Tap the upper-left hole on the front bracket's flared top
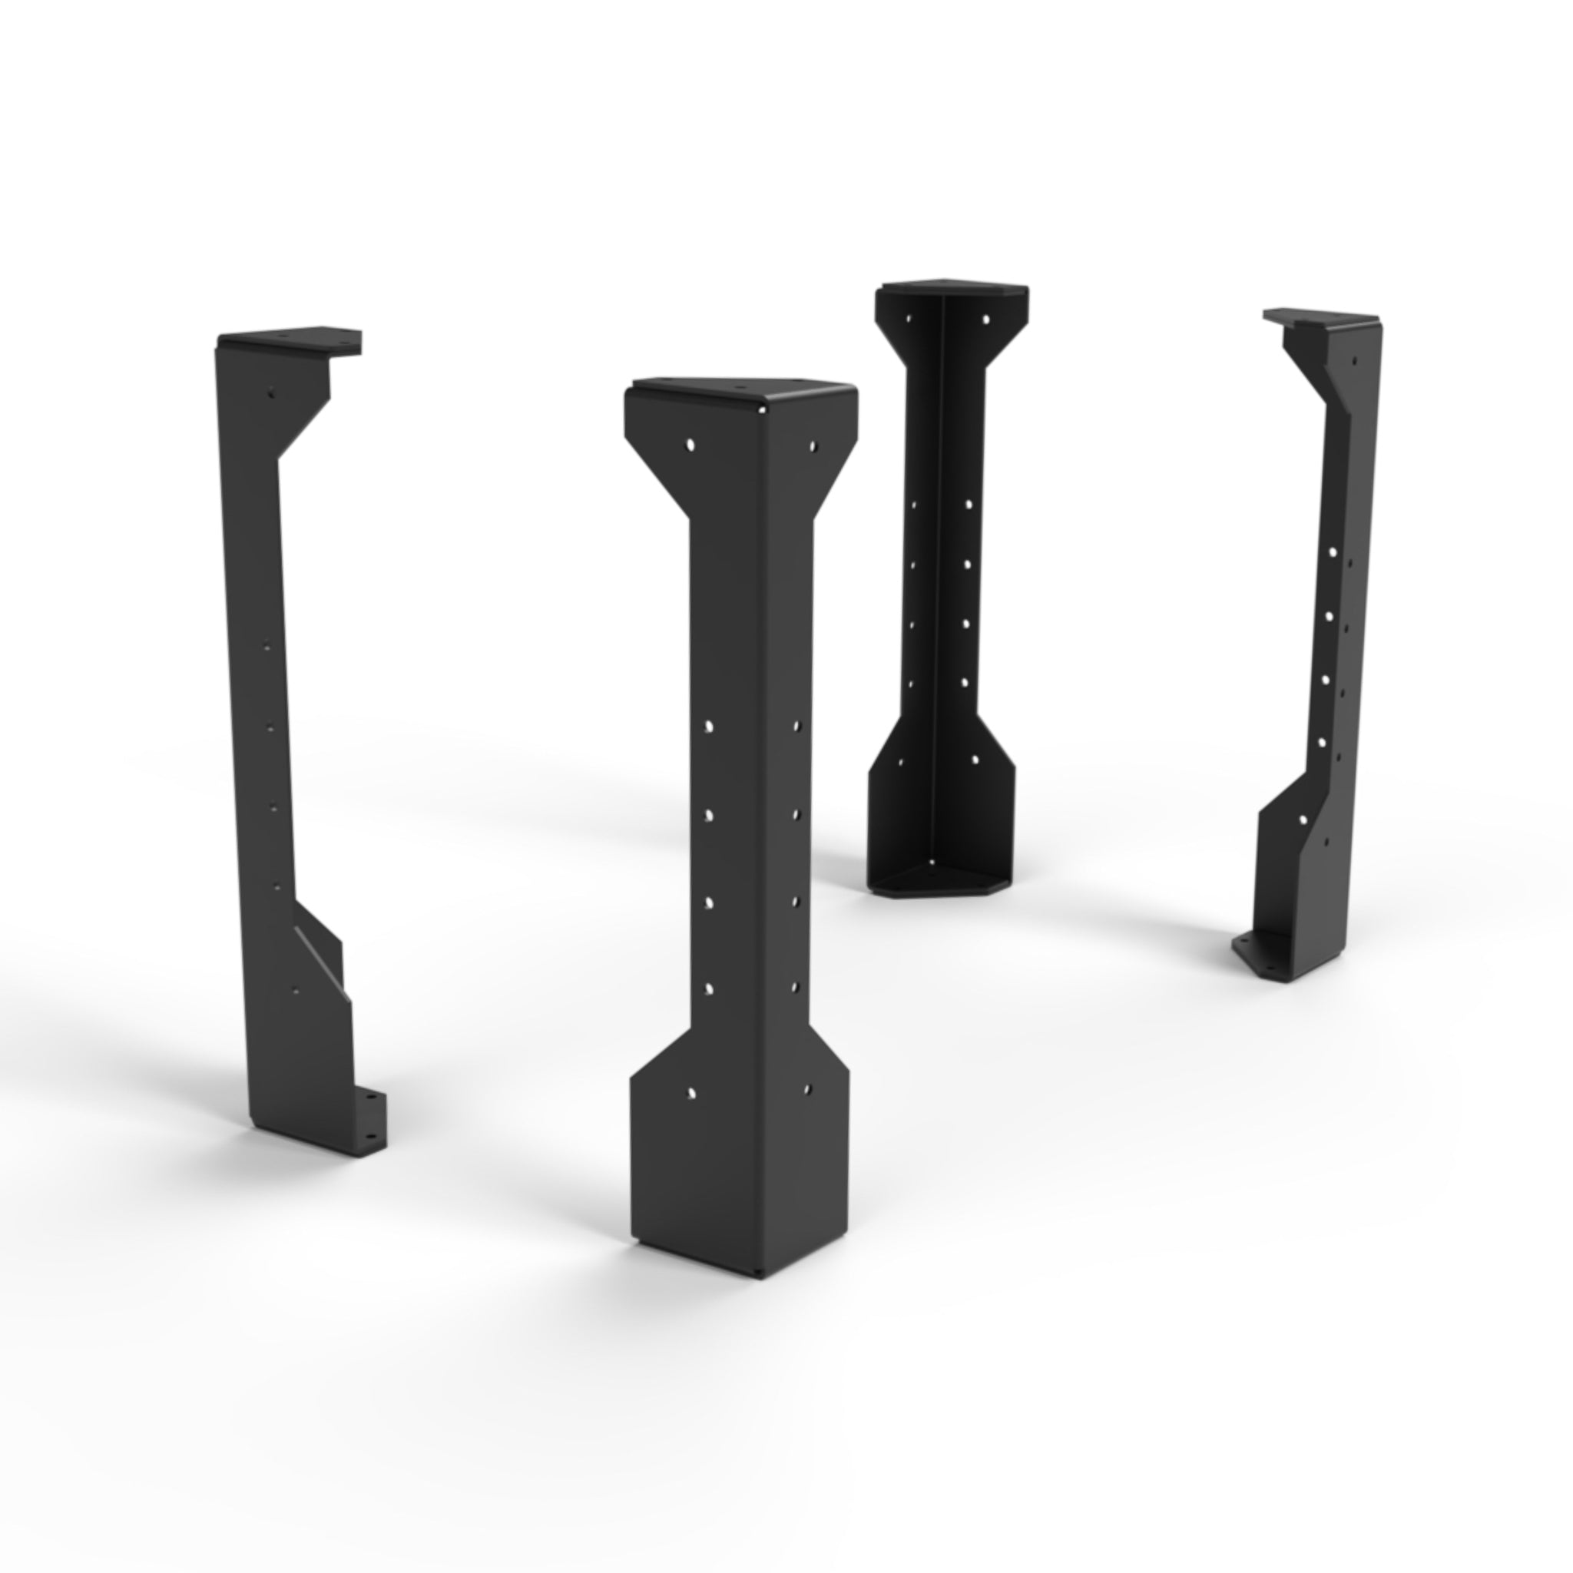(x=690, y=445)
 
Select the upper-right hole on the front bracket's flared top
(x=813, y=445)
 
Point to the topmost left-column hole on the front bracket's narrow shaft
(x=709, y=725)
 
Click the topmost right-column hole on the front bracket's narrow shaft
(x=797, y=724)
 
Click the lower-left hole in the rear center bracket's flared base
(x=899, y=763)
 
